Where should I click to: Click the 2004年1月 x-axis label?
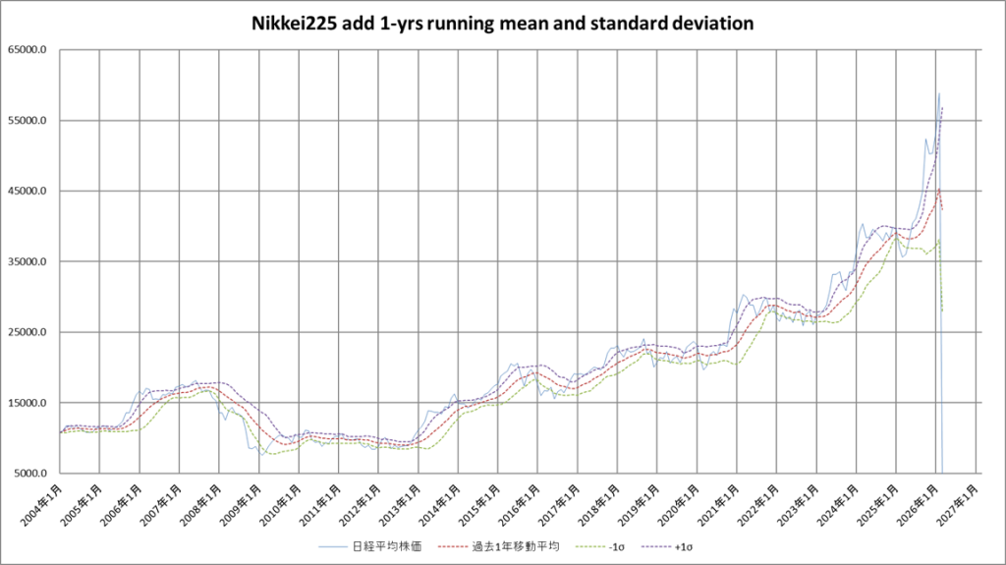tap(44, 501)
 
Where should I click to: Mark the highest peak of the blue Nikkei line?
tap(939, 93)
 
